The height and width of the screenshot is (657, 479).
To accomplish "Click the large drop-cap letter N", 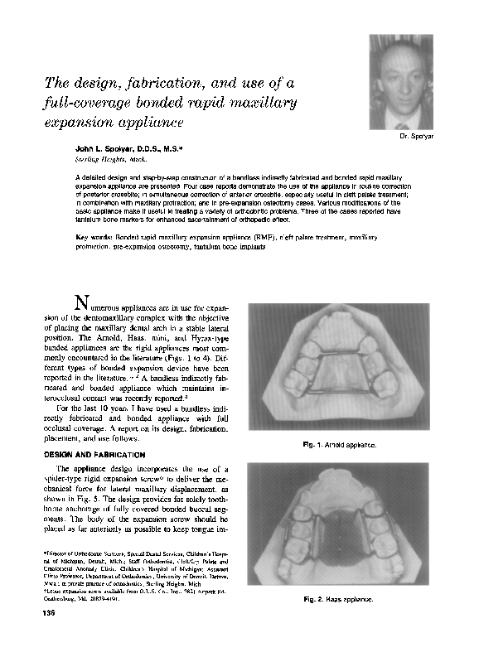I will click(82, 301).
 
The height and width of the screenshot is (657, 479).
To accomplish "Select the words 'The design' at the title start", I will click(78, 84).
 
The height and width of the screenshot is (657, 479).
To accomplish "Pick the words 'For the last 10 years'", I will click(98, 408).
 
